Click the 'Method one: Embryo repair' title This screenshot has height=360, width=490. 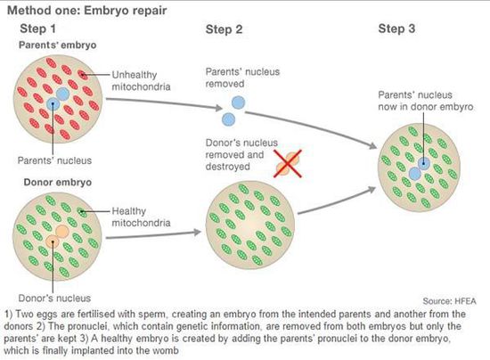(87, 11)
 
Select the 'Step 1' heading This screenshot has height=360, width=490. (37, 29)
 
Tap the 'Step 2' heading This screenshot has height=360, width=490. (224, 29)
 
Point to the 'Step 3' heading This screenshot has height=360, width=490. (396, 29)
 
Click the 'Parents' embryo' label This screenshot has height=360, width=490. (58, 45)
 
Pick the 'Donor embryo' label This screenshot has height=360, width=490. (58, 182)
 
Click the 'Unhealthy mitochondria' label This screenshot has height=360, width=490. (141, 80)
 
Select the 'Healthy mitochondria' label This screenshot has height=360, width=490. (141, 217)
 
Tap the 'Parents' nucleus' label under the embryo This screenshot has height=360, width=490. (54, 160)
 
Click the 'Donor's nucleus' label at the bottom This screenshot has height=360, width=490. (54, 299)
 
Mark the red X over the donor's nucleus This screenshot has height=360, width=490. (288, 163)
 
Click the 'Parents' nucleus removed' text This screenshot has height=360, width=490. (242, 78)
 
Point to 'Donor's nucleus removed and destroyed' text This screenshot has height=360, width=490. (241, 154)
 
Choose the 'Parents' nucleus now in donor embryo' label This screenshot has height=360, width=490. (426, 101)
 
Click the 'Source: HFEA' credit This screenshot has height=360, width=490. (449, 301)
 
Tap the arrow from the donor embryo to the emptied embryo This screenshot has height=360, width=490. (153, 235)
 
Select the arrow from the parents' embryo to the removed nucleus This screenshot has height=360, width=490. (164, 102)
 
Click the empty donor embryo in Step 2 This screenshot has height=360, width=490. (250, 225)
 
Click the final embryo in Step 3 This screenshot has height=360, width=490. (419, 168)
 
